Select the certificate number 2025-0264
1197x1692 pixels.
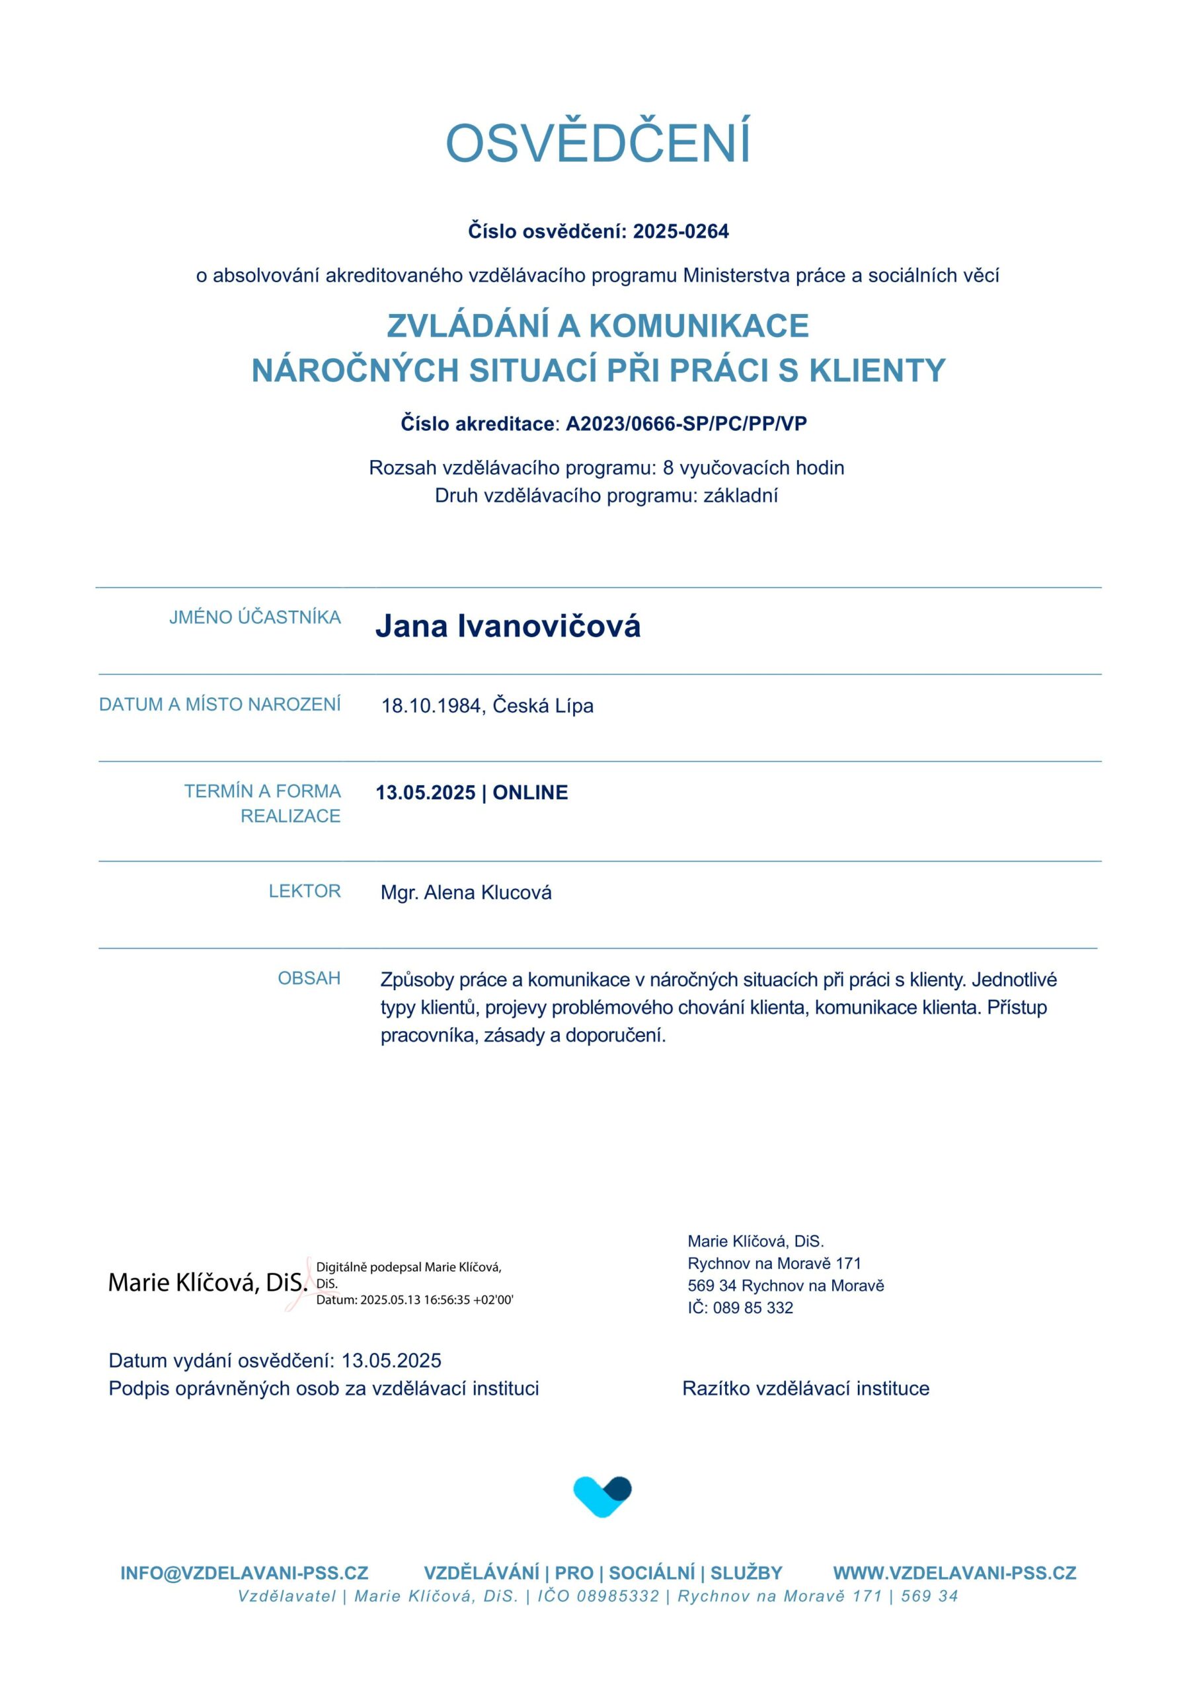pos(680,231)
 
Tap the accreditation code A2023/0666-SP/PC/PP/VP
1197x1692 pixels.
pos(685,424)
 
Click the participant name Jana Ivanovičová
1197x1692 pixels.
pos(508,627)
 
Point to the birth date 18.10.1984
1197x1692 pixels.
pos(431,706)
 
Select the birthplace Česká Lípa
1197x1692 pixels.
pos(543,706)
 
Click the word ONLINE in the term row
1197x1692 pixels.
pos(530,793)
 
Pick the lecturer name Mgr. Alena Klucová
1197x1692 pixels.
pos(466,892)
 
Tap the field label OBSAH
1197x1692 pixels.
pos(309,979)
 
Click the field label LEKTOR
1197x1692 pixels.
pos(305,892)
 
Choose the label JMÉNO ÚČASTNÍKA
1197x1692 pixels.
pos(255,617)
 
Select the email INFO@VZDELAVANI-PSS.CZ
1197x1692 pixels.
pos(244,1573)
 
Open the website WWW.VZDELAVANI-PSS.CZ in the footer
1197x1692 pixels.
pos(954,1573)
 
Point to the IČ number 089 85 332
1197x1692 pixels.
pos(753,1307)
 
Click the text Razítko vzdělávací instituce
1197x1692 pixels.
pos(806,1389)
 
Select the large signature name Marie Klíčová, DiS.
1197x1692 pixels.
pos(207,1283)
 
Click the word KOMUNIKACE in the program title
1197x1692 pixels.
pos(699,326)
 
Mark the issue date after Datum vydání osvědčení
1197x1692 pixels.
pos(391,1360)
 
